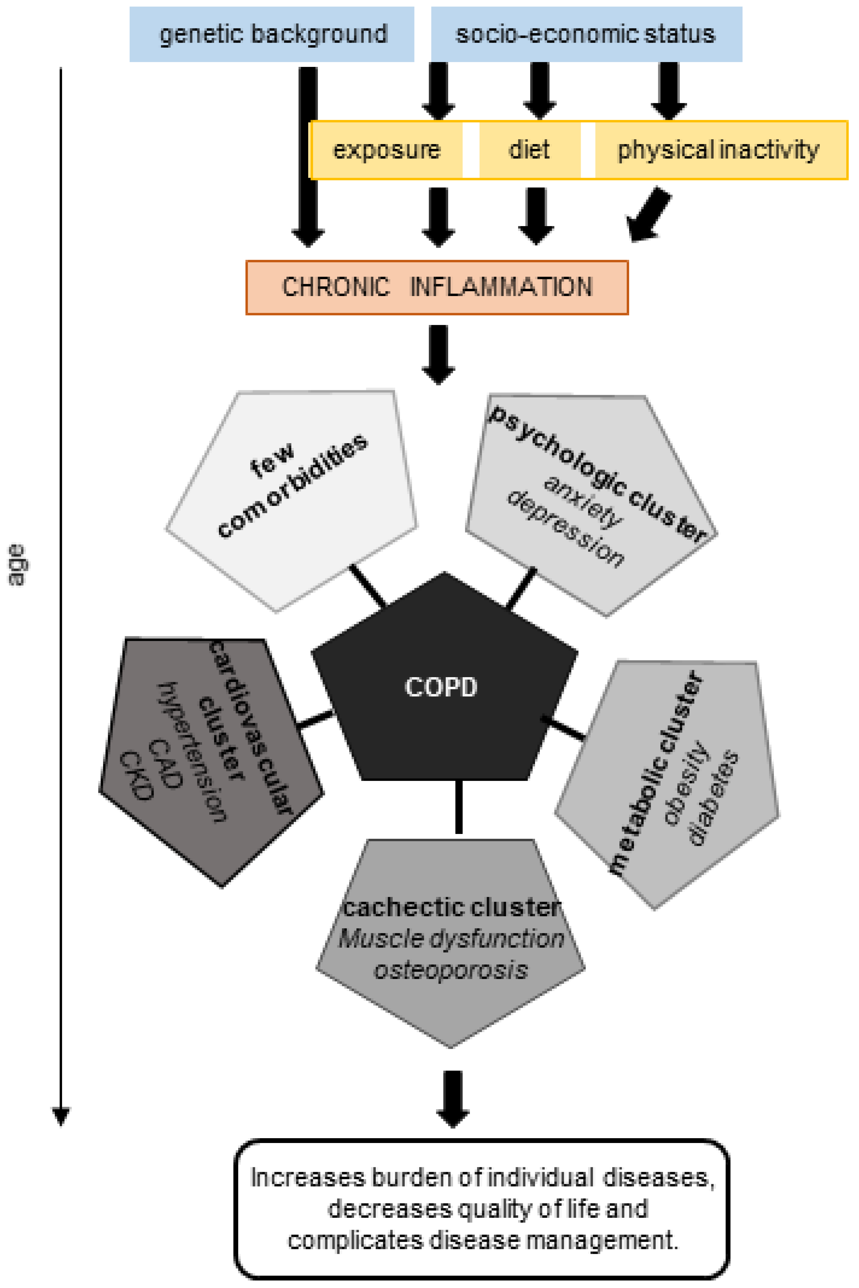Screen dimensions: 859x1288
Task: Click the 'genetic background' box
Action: pyautogui.click(x=272, y=34)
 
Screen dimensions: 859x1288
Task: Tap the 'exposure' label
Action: pyautogui.click(x=387, y=150)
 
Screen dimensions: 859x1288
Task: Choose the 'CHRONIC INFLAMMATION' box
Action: pyautogui.click(x=437, y=288)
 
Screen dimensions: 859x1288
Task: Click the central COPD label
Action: pyautogui.click(x=441, y=687)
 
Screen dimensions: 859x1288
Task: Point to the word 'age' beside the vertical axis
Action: pyautogui.click(x=16, y=565)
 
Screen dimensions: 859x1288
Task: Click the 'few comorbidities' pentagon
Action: pyautogui.click(x=292, y=501)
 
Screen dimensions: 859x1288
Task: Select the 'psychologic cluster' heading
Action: pyautogui.click(x=597, y=474)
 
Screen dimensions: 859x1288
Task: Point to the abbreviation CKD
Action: pyautogui.click(x=135, y=776)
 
